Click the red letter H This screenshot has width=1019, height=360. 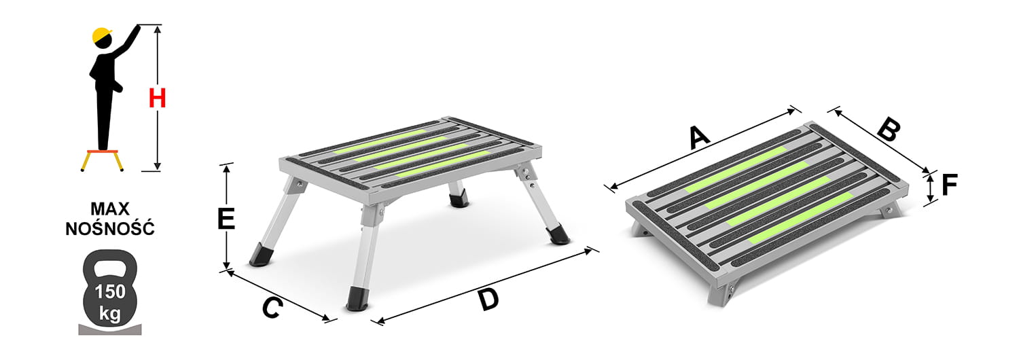(158, 98)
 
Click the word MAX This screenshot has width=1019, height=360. (110, 209)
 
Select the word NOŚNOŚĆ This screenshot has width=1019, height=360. (110, 228)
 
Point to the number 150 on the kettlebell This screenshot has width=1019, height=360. (110, 291)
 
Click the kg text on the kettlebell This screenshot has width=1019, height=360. (110, 314)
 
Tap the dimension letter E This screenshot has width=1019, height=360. (226, 219)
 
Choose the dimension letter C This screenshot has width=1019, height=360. (272, 308)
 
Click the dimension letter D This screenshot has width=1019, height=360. (488, 300)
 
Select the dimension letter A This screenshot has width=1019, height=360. (698, 137)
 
